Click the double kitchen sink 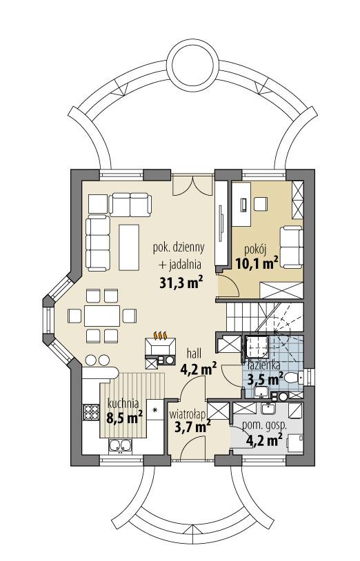click(x=121, y=448)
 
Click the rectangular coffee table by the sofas click(x=130, y=243)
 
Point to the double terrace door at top click(x=190, y=186)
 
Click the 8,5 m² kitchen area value click(x=124, y=417)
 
